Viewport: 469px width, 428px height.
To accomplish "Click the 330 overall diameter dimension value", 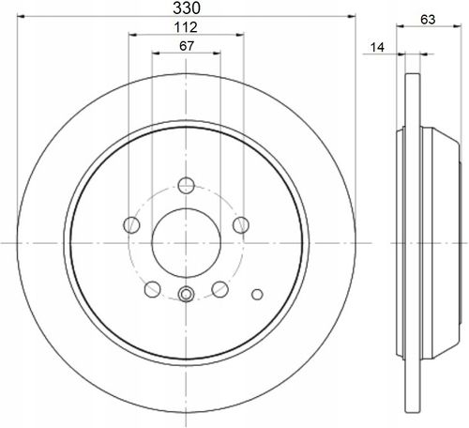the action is click(187, 8).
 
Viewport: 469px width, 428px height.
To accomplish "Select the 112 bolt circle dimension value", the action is click(186, 27).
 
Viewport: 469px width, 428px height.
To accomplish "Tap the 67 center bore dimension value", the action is click(187, 46).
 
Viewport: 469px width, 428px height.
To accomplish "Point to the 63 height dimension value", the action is click(428, 20).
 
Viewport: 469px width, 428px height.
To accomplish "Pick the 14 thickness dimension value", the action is click(377, 47).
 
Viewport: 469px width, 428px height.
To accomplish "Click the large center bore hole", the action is click(187, 243).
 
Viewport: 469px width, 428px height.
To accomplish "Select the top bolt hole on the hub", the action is click(187, 186).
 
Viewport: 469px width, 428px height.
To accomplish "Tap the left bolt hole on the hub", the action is click(131, 225).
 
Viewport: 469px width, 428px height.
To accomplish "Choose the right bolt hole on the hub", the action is click(241, 225).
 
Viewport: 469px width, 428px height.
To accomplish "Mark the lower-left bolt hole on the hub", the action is click(153, 289).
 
